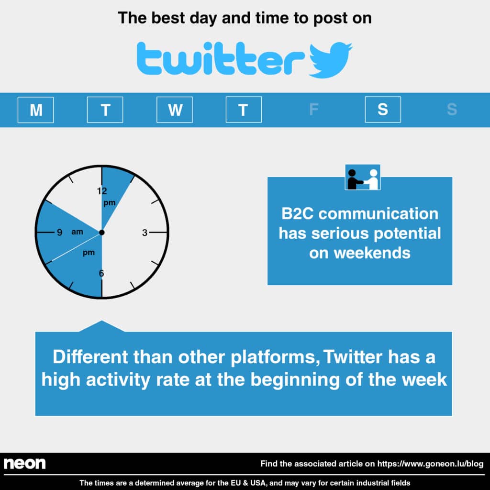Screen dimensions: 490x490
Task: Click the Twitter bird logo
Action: pos(330,60)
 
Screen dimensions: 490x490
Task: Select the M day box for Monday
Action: pos(35,110)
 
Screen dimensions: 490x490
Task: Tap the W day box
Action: pos(174,110)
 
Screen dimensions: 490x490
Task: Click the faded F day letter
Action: pos(313,110)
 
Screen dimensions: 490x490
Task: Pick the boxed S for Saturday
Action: pos(383,110)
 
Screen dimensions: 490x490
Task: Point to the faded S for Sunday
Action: pos(452,110)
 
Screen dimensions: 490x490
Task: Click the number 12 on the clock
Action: pos(102,191)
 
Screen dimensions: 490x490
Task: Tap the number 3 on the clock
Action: pos(145,233)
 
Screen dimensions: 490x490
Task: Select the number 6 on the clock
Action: pos(101,273)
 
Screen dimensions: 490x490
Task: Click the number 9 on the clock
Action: pos(59,232)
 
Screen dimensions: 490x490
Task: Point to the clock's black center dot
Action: pos(101,232)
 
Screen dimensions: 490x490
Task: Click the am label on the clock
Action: pos(77,232)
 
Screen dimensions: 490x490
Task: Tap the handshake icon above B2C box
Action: pos(363,177)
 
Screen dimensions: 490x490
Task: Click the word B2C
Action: pos(297,214)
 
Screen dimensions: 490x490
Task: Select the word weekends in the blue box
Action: pos(372,253)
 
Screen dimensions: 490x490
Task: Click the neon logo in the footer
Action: pos(25,463)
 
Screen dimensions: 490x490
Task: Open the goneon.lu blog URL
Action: pos(430,463)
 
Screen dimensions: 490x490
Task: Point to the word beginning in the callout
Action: pos(295,380)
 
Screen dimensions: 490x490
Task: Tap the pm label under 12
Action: pos(110,203)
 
